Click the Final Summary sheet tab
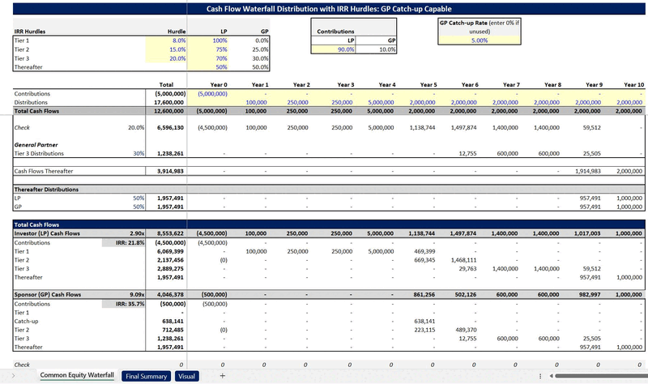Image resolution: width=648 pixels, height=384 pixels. pyautogui.click(x=146, y=376)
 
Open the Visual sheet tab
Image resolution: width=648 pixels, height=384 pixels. pyautogui.click(x=186, y=376)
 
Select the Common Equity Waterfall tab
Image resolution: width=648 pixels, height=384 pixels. pyautogui.click(x=78, y=376)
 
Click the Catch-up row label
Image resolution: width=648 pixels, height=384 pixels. pyautogui.click(x=28, y=321)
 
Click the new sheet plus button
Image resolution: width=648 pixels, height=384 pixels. pyautogui.click(x=222, y=376)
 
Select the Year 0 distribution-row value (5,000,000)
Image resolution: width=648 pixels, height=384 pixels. pyautogui.click(x=212, y=93)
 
